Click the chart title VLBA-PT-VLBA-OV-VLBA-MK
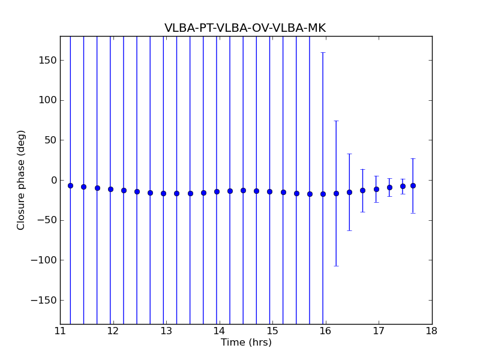point(245,28)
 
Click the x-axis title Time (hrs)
point(246,343)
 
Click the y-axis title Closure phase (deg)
point(22,180)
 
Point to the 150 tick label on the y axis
point(48,60)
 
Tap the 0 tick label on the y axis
point(53,180)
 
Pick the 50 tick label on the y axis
point(50,140)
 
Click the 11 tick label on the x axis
point(60,331)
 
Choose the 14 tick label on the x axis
point(219,331)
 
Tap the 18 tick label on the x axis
point(431,331)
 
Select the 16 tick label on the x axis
point(325,331)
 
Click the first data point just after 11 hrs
point(70,185)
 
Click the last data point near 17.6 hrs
point(413,185)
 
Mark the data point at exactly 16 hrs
point(323,194)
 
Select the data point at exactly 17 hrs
point(376,189)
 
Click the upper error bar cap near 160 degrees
point(323,52)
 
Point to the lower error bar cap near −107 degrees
point(336,266)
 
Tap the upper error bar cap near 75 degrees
point(336,121)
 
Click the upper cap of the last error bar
point(413,158)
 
